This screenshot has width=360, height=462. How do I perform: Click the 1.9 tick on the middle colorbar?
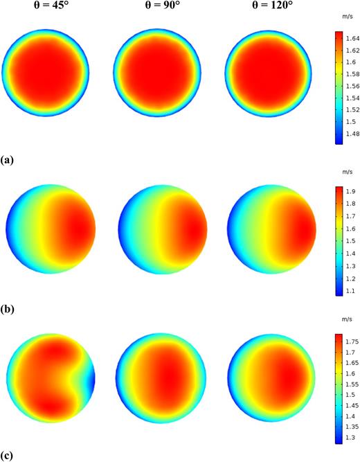pyautogui.click(x=347, y=191)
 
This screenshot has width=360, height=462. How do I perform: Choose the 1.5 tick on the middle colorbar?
pyautogui.click(x=347, y=241)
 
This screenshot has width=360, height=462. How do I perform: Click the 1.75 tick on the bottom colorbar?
pyautogui.click(x=350, y=341)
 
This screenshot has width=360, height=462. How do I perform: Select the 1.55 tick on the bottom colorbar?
pyautogui.click(x=350, y=384)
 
